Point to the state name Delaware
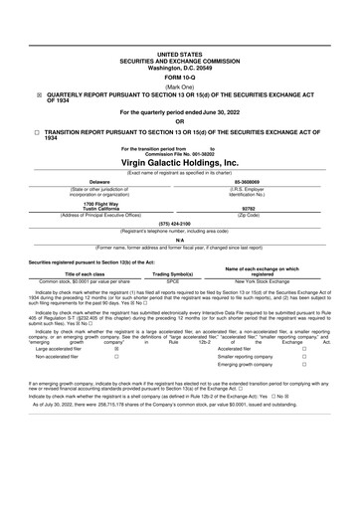99,182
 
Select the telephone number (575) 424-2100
180,225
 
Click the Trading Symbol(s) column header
172,273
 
